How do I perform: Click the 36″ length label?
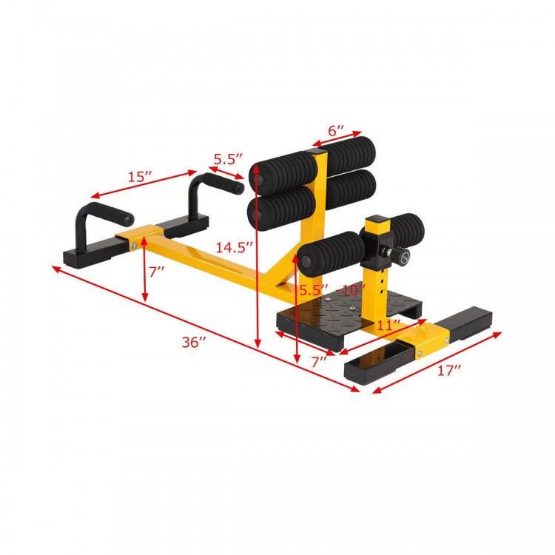click(195, 343)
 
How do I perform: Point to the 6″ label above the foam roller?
click(336, 131)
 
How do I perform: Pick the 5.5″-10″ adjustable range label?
click(332, 291)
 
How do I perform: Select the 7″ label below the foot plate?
click(319, 362)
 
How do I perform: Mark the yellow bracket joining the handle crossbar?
click(138, 240)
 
